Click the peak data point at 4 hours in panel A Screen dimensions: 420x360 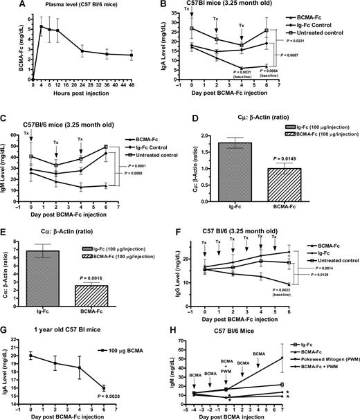click(42, 27)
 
